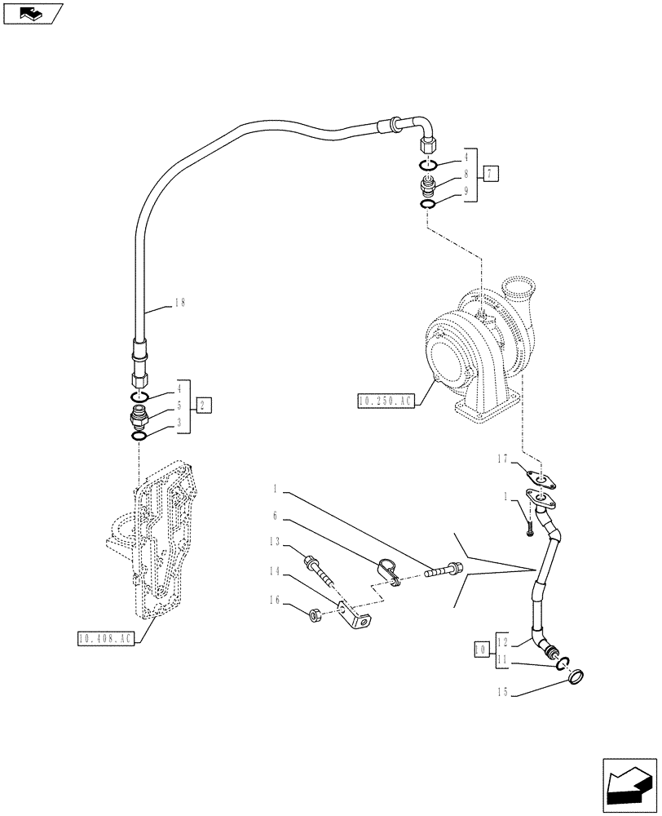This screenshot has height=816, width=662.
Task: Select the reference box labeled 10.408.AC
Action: [x=104, y=640]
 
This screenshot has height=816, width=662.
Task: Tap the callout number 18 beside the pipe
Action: [x=180, y=302]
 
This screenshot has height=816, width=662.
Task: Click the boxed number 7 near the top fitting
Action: [x=489, y=173]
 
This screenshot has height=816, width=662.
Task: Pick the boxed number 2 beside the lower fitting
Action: [x=205, y=404]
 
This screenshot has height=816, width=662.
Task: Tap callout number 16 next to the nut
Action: [x=276, y=600]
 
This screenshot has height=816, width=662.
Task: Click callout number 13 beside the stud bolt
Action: [x=276, y=541]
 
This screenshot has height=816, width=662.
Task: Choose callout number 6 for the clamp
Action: [x=276, y=515]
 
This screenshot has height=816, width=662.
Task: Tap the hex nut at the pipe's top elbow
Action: [x=428, y=148]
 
